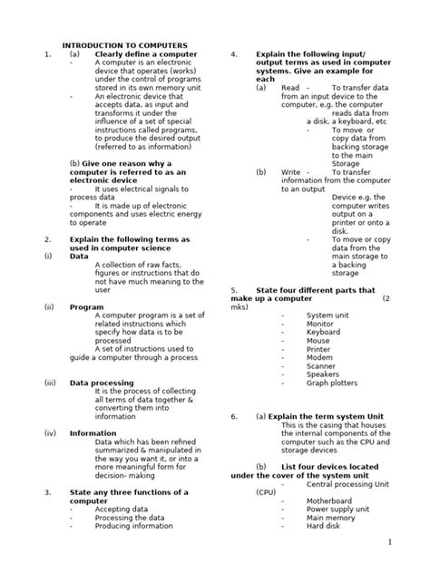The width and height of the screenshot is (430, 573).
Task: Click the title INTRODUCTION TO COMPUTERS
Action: pyautogui.click(x=124, y=44)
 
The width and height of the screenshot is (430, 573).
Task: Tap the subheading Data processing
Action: pyautogui.click(x=102, y=383)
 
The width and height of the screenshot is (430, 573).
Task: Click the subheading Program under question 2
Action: pyautogui.click(x=87, y=307)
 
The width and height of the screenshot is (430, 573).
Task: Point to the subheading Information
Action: pyautogui.click(x=93, y=433)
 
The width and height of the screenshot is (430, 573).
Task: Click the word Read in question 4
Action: pyautogui.click(x=290, y=88)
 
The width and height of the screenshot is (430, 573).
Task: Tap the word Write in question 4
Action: pyautogui.click(x=290, y=172)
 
